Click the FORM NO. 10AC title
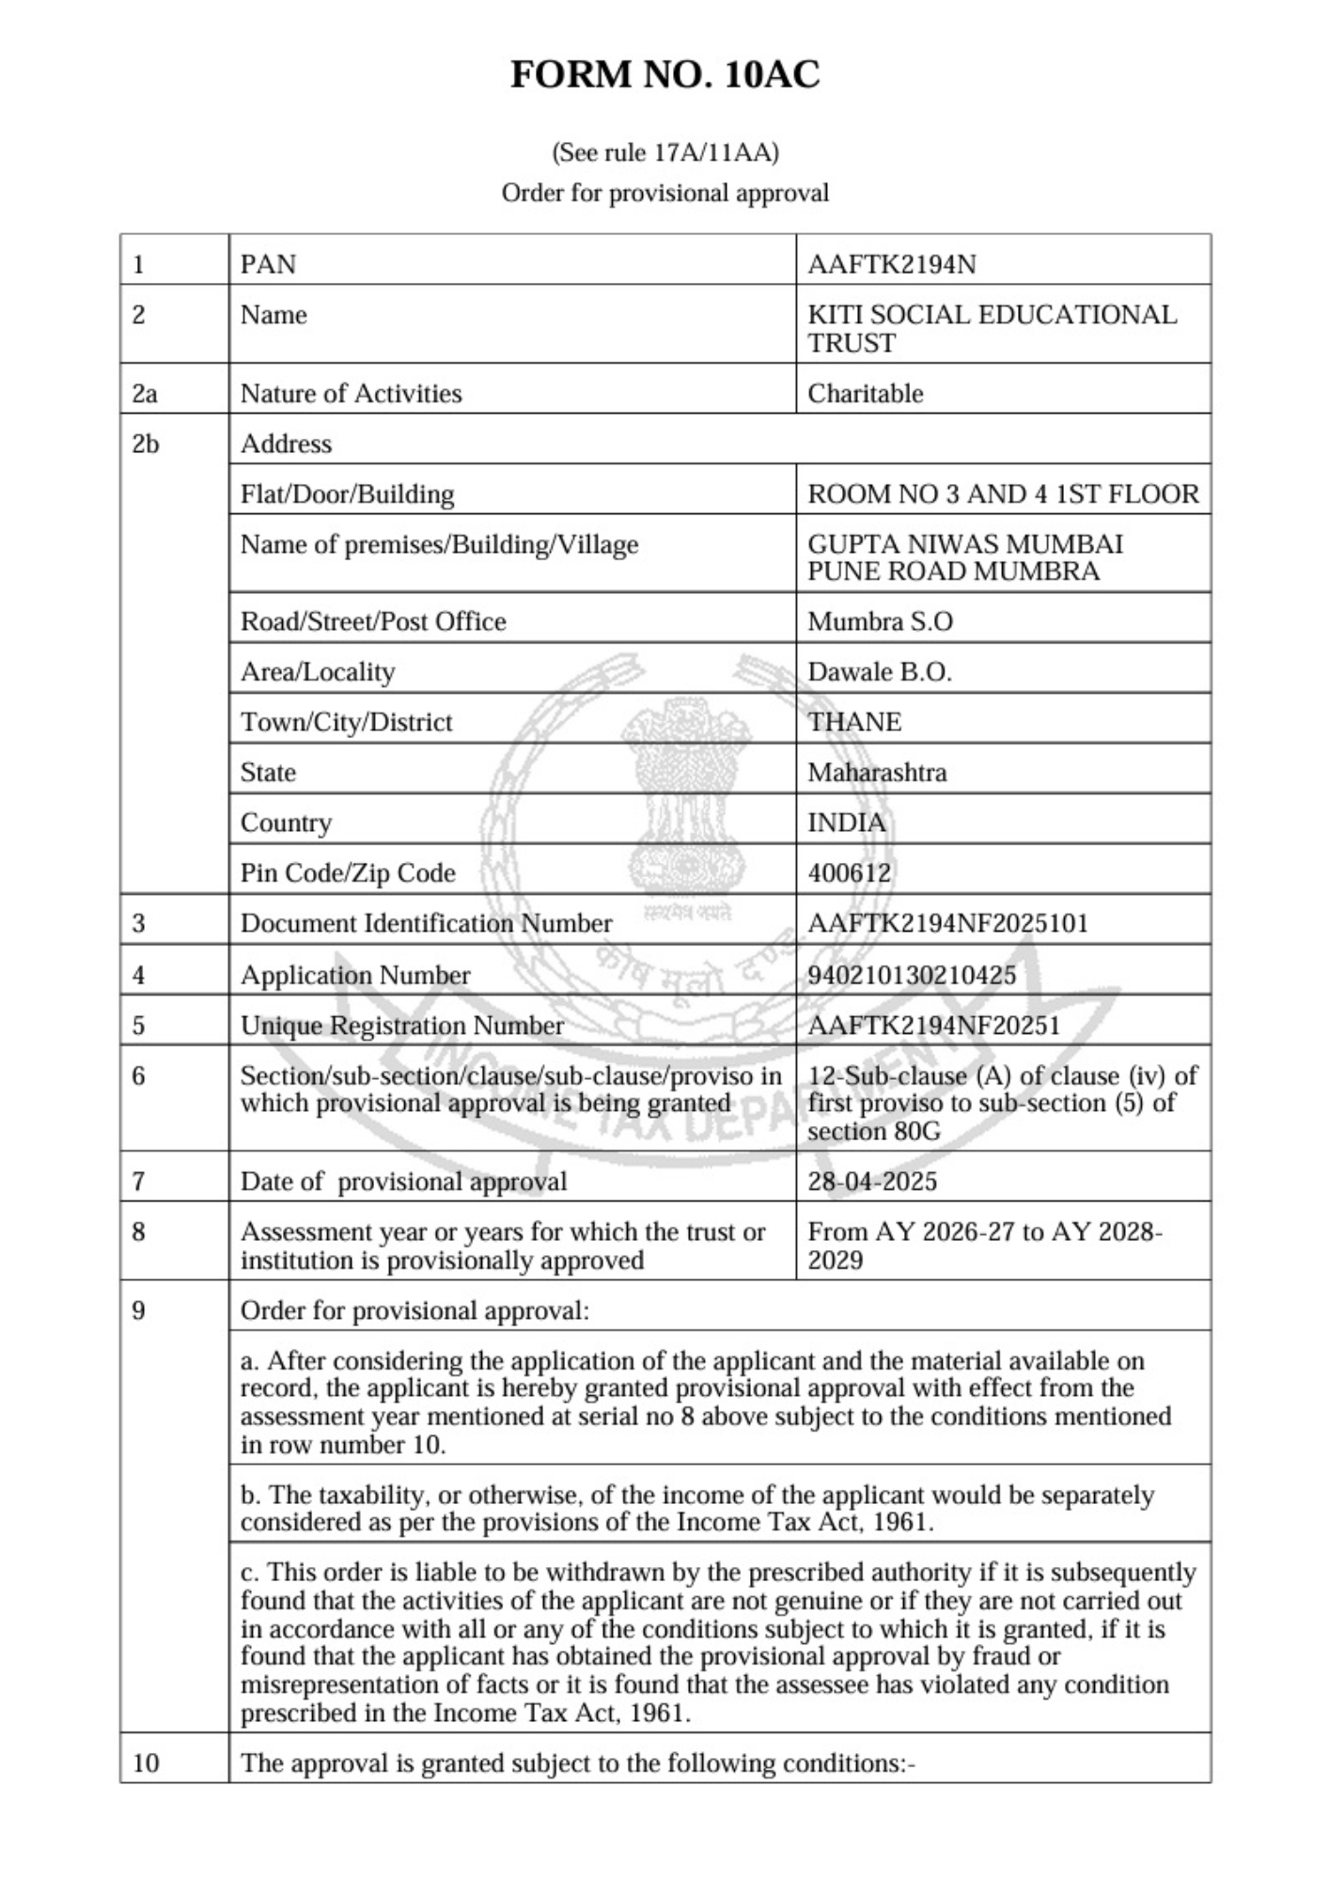point(664,75)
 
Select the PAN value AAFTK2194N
point(891,264)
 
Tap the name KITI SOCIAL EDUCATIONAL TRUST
point(991,328)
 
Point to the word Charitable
point(865,393)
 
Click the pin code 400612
point(849,872)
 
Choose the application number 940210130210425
point(911,975)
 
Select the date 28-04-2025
point(871,1181)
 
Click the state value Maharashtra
point(877,773)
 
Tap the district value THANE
point(853,722)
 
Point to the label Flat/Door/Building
point(347,494)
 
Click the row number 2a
point(144,393)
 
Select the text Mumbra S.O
point(880,621)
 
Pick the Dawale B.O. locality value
point(879,672)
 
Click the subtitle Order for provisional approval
point(664,193)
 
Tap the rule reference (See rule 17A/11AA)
point(664,152)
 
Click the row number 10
point(146,1762)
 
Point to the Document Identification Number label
point(426,923)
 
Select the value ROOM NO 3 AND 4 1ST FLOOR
point(1003,494)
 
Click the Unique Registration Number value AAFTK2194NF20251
point(933,1025)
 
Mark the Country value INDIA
point(846,822)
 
